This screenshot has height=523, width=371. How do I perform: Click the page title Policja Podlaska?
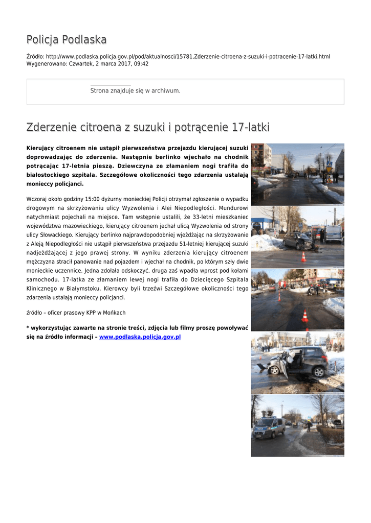(67, 40)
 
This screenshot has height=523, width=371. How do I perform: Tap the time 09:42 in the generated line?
(141, 64)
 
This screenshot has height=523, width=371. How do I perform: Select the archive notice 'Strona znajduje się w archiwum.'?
(135, 91)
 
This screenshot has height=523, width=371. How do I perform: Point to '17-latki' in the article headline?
(250, 127)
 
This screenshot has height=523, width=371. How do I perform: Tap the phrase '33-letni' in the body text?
(205, 217)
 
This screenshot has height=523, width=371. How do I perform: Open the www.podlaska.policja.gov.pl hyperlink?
(140, 337)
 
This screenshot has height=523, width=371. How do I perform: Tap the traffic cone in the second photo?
(303, 256)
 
